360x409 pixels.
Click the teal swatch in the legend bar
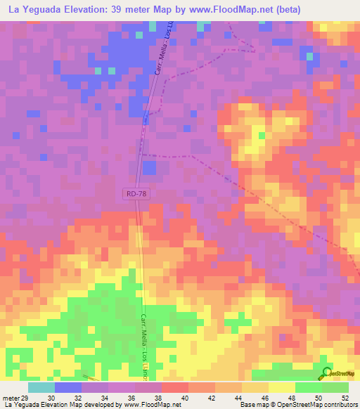(41, 388)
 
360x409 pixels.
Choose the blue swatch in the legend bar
(68, 388)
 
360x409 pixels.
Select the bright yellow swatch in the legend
(282, 388)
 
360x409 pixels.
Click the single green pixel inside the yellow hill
(261, 135)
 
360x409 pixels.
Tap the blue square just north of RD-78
(149, 167)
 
